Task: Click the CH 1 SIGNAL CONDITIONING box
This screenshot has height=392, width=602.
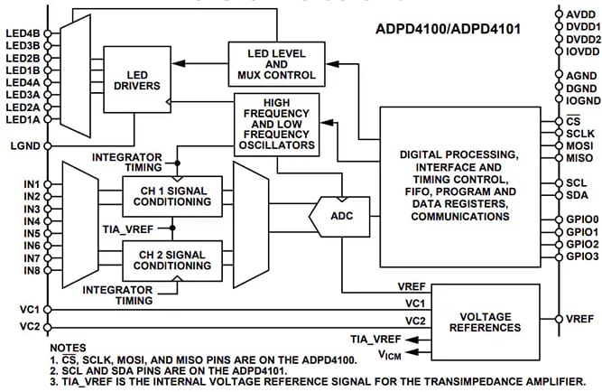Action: coord(171,196)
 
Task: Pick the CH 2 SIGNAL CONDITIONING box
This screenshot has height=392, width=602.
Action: coord(171,258)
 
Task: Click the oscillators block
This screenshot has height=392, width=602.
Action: coord(277,125)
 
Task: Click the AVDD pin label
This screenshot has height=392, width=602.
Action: coord(580,15)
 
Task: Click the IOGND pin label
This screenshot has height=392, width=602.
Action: coord(581,103)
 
